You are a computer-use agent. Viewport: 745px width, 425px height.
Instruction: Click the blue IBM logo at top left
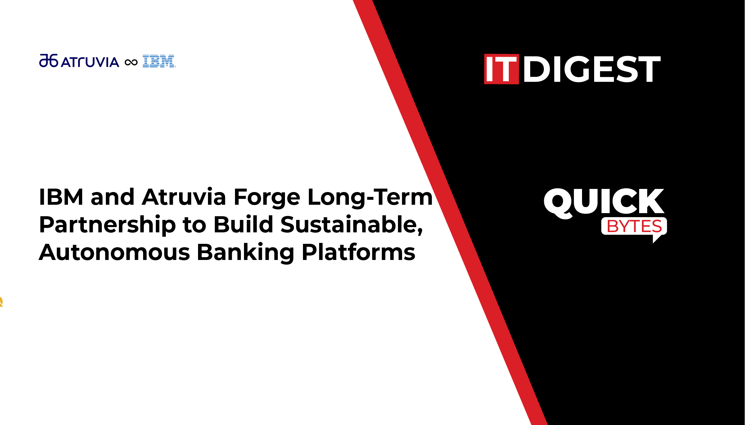pyautogui.click(x=159, y=61)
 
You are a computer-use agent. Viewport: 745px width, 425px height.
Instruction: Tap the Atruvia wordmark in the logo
pyautogui.click(x=90, y=62)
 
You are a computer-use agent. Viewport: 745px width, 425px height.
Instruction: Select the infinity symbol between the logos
pyautogui.click(x=131, y=63)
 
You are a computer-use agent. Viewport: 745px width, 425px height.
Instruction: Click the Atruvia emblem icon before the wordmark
pyautogui.click(x=49, y=60)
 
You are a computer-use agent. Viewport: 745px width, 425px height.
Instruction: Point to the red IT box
pyautogui.click(x=501, y=69)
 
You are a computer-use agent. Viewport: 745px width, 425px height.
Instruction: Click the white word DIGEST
pyautogui.click(x=592, y=69)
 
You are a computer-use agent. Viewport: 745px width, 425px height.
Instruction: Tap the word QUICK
pyautogui.click(x=604, y=202)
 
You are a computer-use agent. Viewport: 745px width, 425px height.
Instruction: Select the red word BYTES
pyautogui.click(x=634, y=226)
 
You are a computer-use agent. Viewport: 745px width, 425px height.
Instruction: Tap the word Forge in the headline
pyautogui.click(x=267, y=198)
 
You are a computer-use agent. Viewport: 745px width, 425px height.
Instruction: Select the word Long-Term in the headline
pyautogui.click(x=370, y=198)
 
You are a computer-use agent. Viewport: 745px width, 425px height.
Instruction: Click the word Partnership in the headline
pyautogui.click(x=107, y=225)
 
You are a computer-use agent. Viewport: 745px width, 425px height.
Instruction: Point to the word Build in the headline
pyautogui.click(x=243, y=224)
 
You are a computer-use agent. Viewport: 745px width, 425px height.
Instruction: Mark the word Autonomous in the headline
pyautogui.click(x=114, y=252)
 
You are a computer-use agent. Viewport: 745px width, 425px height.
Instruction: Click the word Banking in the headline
pyautogui.click(x=246, y=253)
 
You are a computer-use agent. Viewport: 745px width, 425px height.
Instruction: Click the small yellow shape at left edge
pyautogui.click(x=1, y=302)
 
